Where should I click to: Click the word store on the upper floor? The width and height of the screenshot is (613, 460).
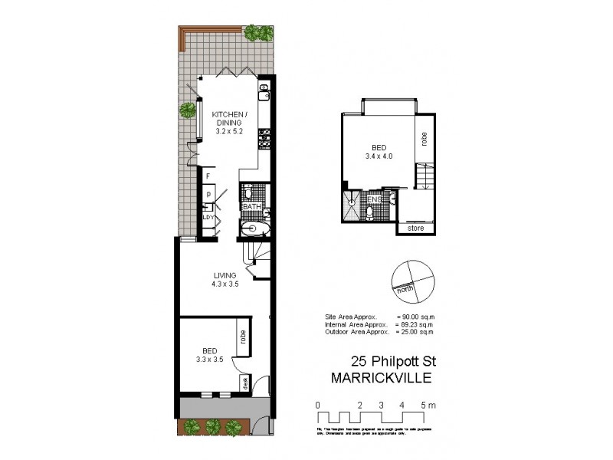point(415,228)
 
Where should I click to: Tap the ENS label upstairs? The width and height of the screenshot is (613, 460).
point(375,199)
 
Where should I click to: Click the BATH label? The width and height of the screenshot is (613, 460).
point(252,207)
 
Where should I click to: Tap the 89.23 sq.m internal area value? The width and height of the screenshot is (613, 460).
point(416,324)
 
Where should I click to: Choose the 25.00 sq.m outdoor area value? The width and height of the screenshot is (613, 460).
point(416,332)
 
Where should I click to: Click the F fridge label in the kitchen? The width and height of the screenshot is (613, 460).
point(208,176)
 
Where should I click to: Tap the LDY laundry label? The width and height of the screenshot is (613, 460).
point(208,217)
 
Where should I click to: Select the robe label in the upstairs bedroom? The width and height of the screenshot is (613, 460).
point(424,139)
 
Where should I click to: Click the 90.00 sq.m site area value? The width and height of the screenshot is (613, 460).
point(416,316)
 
